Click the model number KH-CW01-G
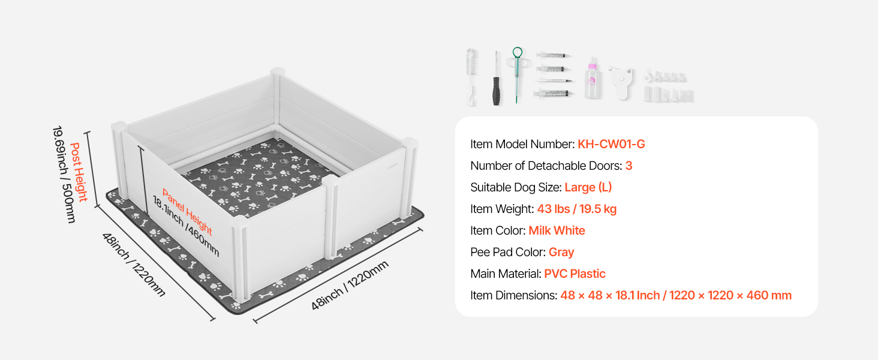[611, 145]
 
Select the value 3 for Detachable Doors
[629, 166]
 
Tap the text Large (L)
[588, 187]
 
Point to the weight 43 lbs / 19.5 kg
[576, 209]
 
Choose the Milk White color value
[557, 230]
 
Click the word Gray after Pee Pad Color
[561, 253]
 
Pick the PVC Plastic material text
[575, 274]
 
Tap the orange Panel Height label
[187, 212]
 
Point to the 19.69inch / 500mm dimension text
[64, 174]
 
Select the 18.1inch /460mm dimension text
[185, 227]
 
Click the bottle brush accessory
[471, 77]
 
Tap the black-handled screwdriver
[496, 79]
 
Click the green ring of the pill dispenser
[518, 52]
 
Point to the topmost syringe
[553, 55]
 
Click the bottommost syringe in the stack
[554, 94]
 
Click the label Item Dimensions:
[513, 295]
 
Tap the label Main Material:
[506, 274]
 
